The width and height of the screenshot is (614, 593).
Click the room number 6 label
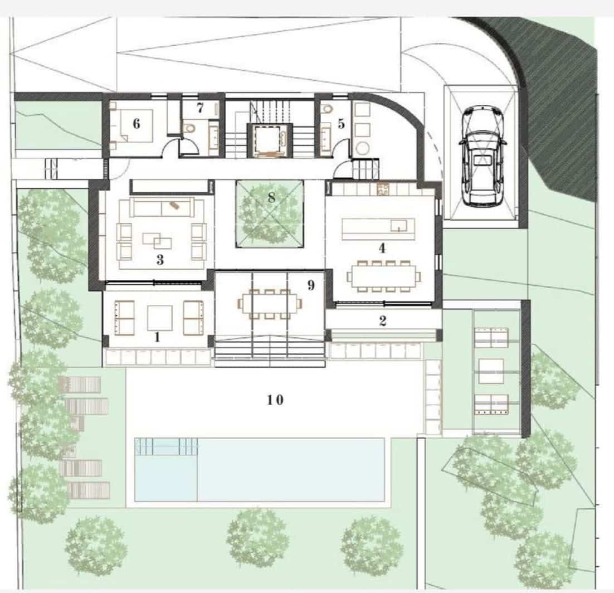137,124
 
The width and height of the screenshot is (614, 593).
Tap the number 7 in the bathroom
200,106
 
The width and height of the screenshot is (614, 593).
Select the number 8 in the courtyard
272,197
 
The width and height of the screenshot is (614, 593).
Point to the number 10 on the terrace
275,400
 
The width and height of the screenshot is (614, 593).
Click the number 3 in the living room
160,260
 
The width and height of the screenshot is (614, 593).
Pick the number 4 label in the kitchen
382,249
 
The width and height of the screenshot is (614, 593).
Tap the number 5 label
342,124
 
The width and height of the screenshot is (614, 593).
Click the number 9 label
311,285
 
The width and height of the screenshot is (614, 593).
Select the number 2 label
382,320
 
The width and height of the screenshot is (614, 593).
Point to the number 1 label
157,337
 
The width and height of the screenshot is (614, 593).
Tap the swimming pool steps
166,446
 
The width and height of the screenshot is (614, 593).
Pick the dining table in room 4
384,275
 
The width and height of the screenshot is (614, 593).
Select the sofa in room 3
162,207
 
